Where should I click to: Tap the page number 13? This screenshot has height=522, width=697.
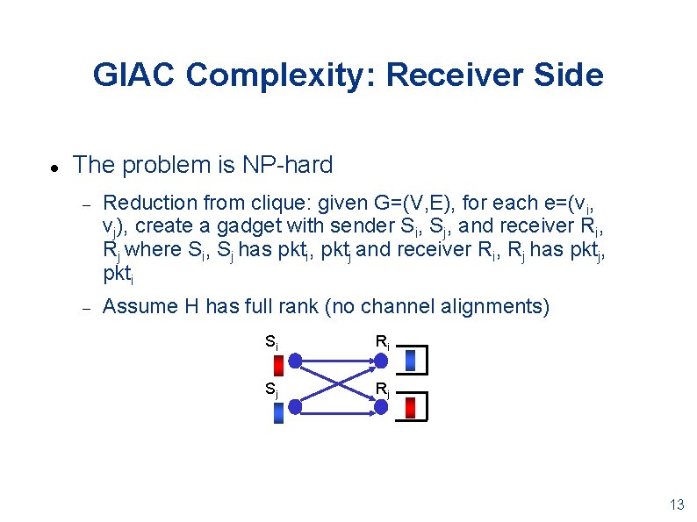(676, 504)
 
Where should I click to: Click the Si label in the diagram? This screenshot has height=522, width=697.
(272, 341)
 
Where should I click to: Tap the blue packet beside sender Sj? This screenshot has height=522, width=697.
(278, 412)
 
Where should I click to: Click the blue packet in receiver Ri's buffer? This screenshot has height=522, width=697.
(410, 361)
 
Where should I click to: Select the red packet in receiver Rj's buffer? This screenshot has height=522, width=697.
(410, 408)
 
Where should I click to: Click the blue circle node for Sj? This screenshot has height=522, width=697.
(296, 406)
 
